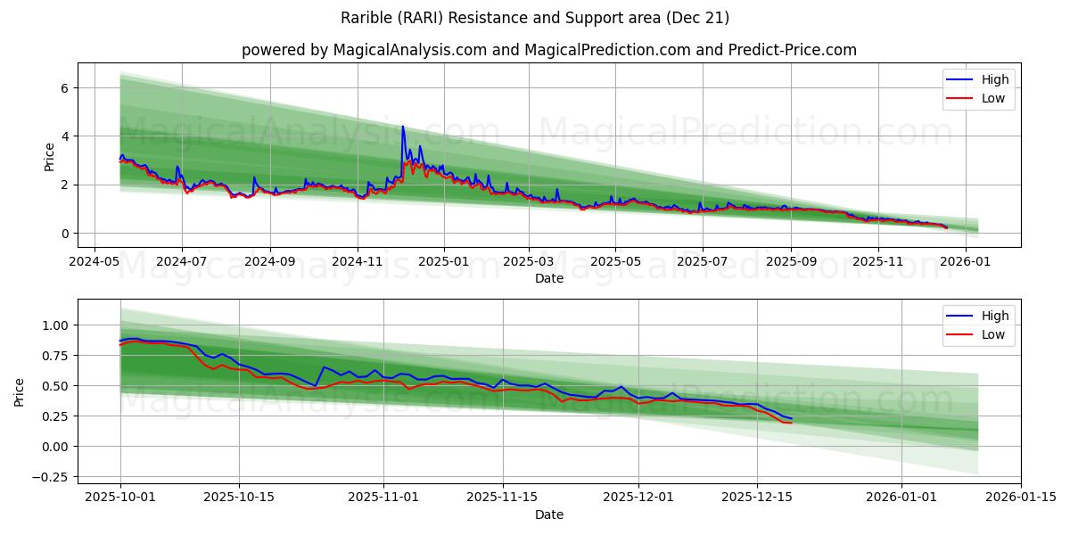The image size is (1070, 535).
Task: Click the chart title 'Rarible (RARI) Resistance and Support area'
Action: point(535,18)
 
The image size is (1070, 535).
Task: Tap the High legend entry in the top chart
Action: point(995,79)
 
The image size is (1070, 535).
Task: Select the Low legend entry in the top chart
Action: point(993,98)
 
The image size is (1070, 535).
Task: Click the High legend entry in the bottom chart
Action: point(995,316)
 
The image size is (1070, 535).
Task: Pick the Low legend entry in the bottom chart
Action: point(993,334)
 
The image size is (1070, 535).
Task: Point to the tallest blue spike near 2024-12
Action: point(402,127)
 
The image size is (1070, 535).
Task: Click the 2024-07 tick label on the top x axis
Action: point(182,262)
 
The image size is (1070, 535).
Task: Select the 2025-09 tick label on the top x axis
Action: point(791,262)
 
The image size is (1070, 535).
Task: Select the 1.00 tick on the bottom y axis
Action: point(55,325)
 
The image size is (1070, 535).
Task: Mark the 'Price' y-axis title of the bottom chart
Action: point(20,391)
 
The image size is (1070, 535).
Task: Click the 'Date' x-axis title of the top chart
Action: point(549,278)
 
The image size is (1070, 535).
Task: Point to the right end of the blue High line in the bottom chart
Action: point(791,419)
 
